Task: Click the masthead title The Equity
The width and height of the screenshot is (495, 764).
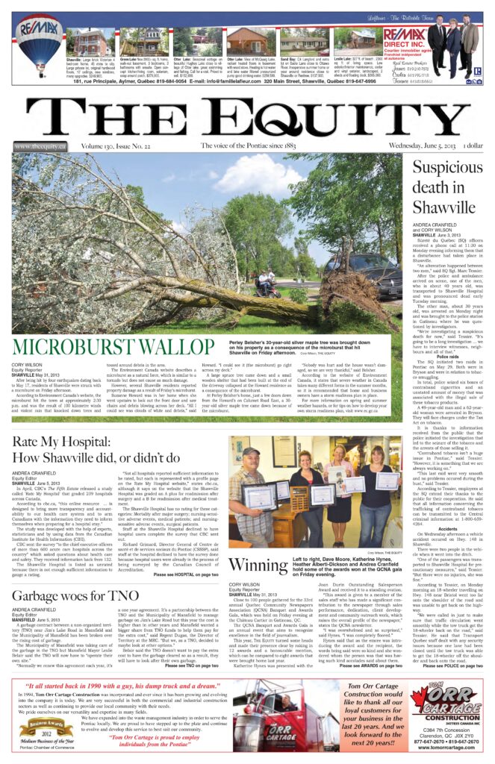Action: (246, 117)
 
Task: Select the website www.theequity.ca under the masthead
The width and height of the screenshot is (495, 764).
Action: (40, 147)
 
